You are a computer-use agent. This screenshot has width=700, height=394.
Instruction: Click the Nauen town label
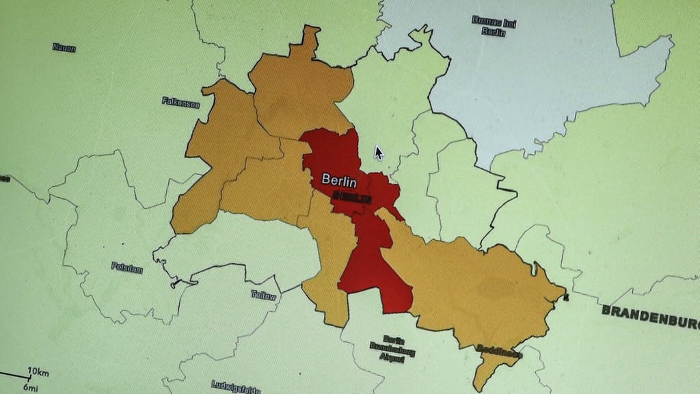pyautogui.click(x=64, y=48)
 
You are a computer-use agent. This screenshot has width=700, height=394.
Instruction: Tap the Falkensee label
pyautogui.click(x=180, y=102)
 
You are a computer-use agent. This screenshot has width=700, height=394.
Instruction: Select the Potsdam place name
pyautogui.click(x=127, y=267)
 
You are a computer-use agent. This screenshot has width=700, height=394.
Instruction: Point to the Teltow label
pyautogui.click(x=263, y=296)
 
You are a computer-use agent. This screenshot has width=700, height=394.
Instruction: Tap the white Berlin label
pyautogui.click(x=339, y=182)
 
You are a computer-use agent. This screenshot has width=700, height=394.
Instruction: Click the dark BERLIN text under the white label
pyautogui.click(x=352, y=197)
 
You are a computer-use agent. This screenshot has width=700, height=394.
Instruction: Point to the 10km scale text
pyautogui.click(x=38, y=371)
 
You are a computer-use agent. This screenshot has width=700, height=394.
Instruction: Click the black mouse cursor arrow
pyautogui.click(x=379, y=153)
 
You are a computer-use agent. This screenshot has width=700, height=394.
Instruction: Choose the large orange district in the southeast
pyautogui.click(x=479, y=287)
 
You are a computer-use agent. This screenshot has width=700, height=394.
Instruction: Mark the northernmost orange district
pyautogui.click(x=301, y=92)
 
